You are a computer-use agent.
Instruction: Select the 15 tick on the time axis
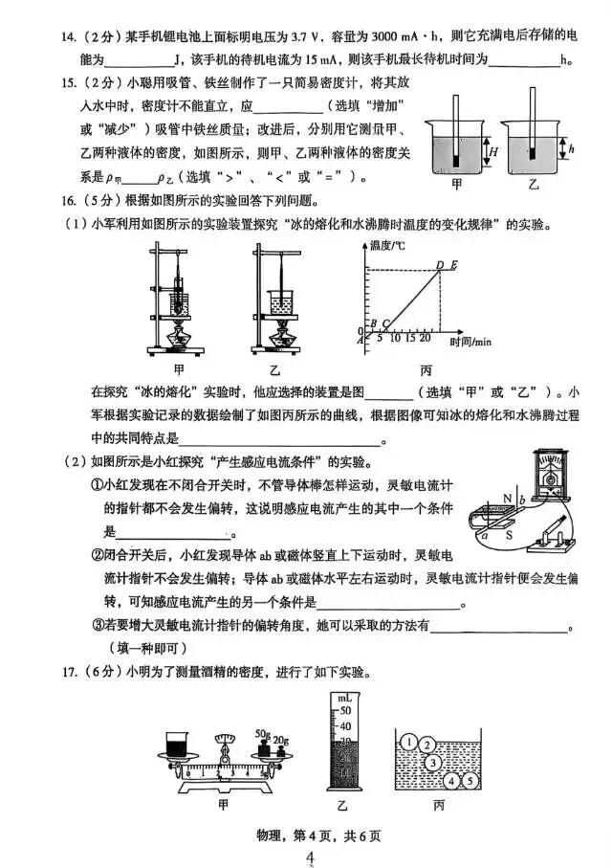[408, 338]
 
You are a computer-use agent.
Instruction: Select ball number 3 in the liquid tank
[433, 762]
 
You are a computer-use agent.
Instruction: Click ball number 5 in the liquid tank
[470, 781]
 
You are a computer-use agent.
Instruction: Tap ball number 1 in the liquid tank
[409, 740]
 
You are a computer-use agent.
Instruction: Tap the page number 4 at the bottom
[309, 857]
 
